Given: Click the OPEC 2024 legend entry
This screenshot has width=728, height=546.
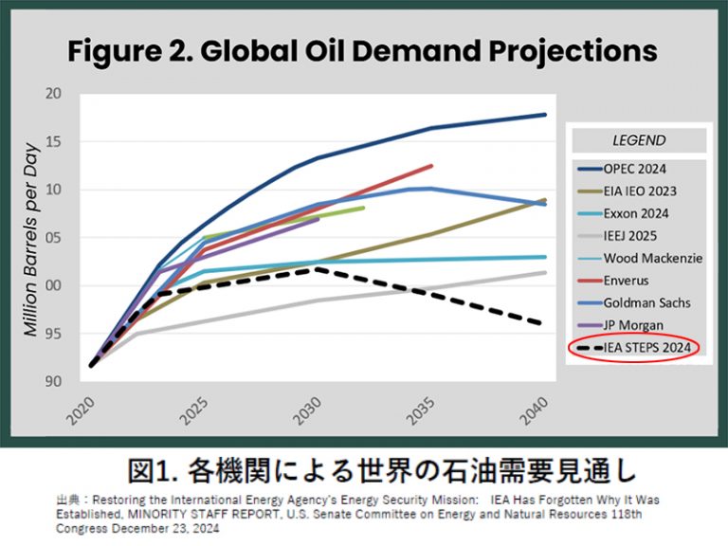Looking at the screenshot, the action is point(622,169).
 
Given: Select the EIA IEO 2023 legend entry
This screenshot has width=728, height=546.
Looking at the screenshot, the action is point(627,191).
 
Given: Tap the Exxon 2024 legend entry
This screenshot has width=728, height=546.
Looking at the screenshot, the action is point(623,213).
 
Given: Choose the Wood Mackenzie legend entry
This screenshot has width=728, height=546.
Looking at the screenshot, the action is point(640,258).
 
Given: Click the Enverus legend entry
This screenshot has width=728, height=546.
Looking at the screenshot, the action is point(613,281).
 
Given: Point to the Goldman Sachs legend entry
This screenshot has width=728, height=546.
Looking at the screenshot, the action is point(634,302).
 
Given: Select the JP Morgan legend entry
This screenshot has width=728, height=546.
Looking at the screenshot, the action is point(620,325).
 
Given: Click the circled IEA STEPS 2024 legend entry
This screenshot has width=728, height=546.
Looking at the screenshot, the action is point(634,347).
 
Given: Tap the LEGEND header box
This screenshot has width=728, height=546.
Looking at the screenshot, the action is point(639,140).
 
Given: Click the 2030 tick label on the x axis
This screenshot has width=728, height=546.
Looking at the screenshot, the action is point(307,410).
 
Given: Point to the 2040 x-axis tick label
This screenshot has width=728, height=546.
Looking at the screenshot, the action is point(534,410).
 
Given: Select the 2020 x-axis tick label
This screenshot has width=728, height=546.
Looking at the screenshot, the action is point(81,410).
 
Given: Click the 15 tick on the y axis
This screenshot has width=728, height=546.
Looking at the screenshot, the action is point(53,141).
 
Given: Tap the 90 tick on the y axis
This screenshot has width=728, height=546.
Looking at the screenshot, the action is point(53,381).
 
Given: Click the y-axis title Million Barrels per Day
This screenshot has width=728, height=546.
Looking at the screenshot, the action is point(30,239).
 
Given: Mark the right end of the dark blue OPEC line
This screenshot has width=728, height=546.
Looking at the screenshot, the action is point(545,114).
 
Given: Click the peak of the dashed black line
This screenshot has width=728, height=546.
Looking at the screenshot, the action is point(317,269).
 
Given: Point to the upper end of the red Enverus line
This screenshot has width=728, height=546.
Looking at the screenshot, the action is point(431,166).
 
